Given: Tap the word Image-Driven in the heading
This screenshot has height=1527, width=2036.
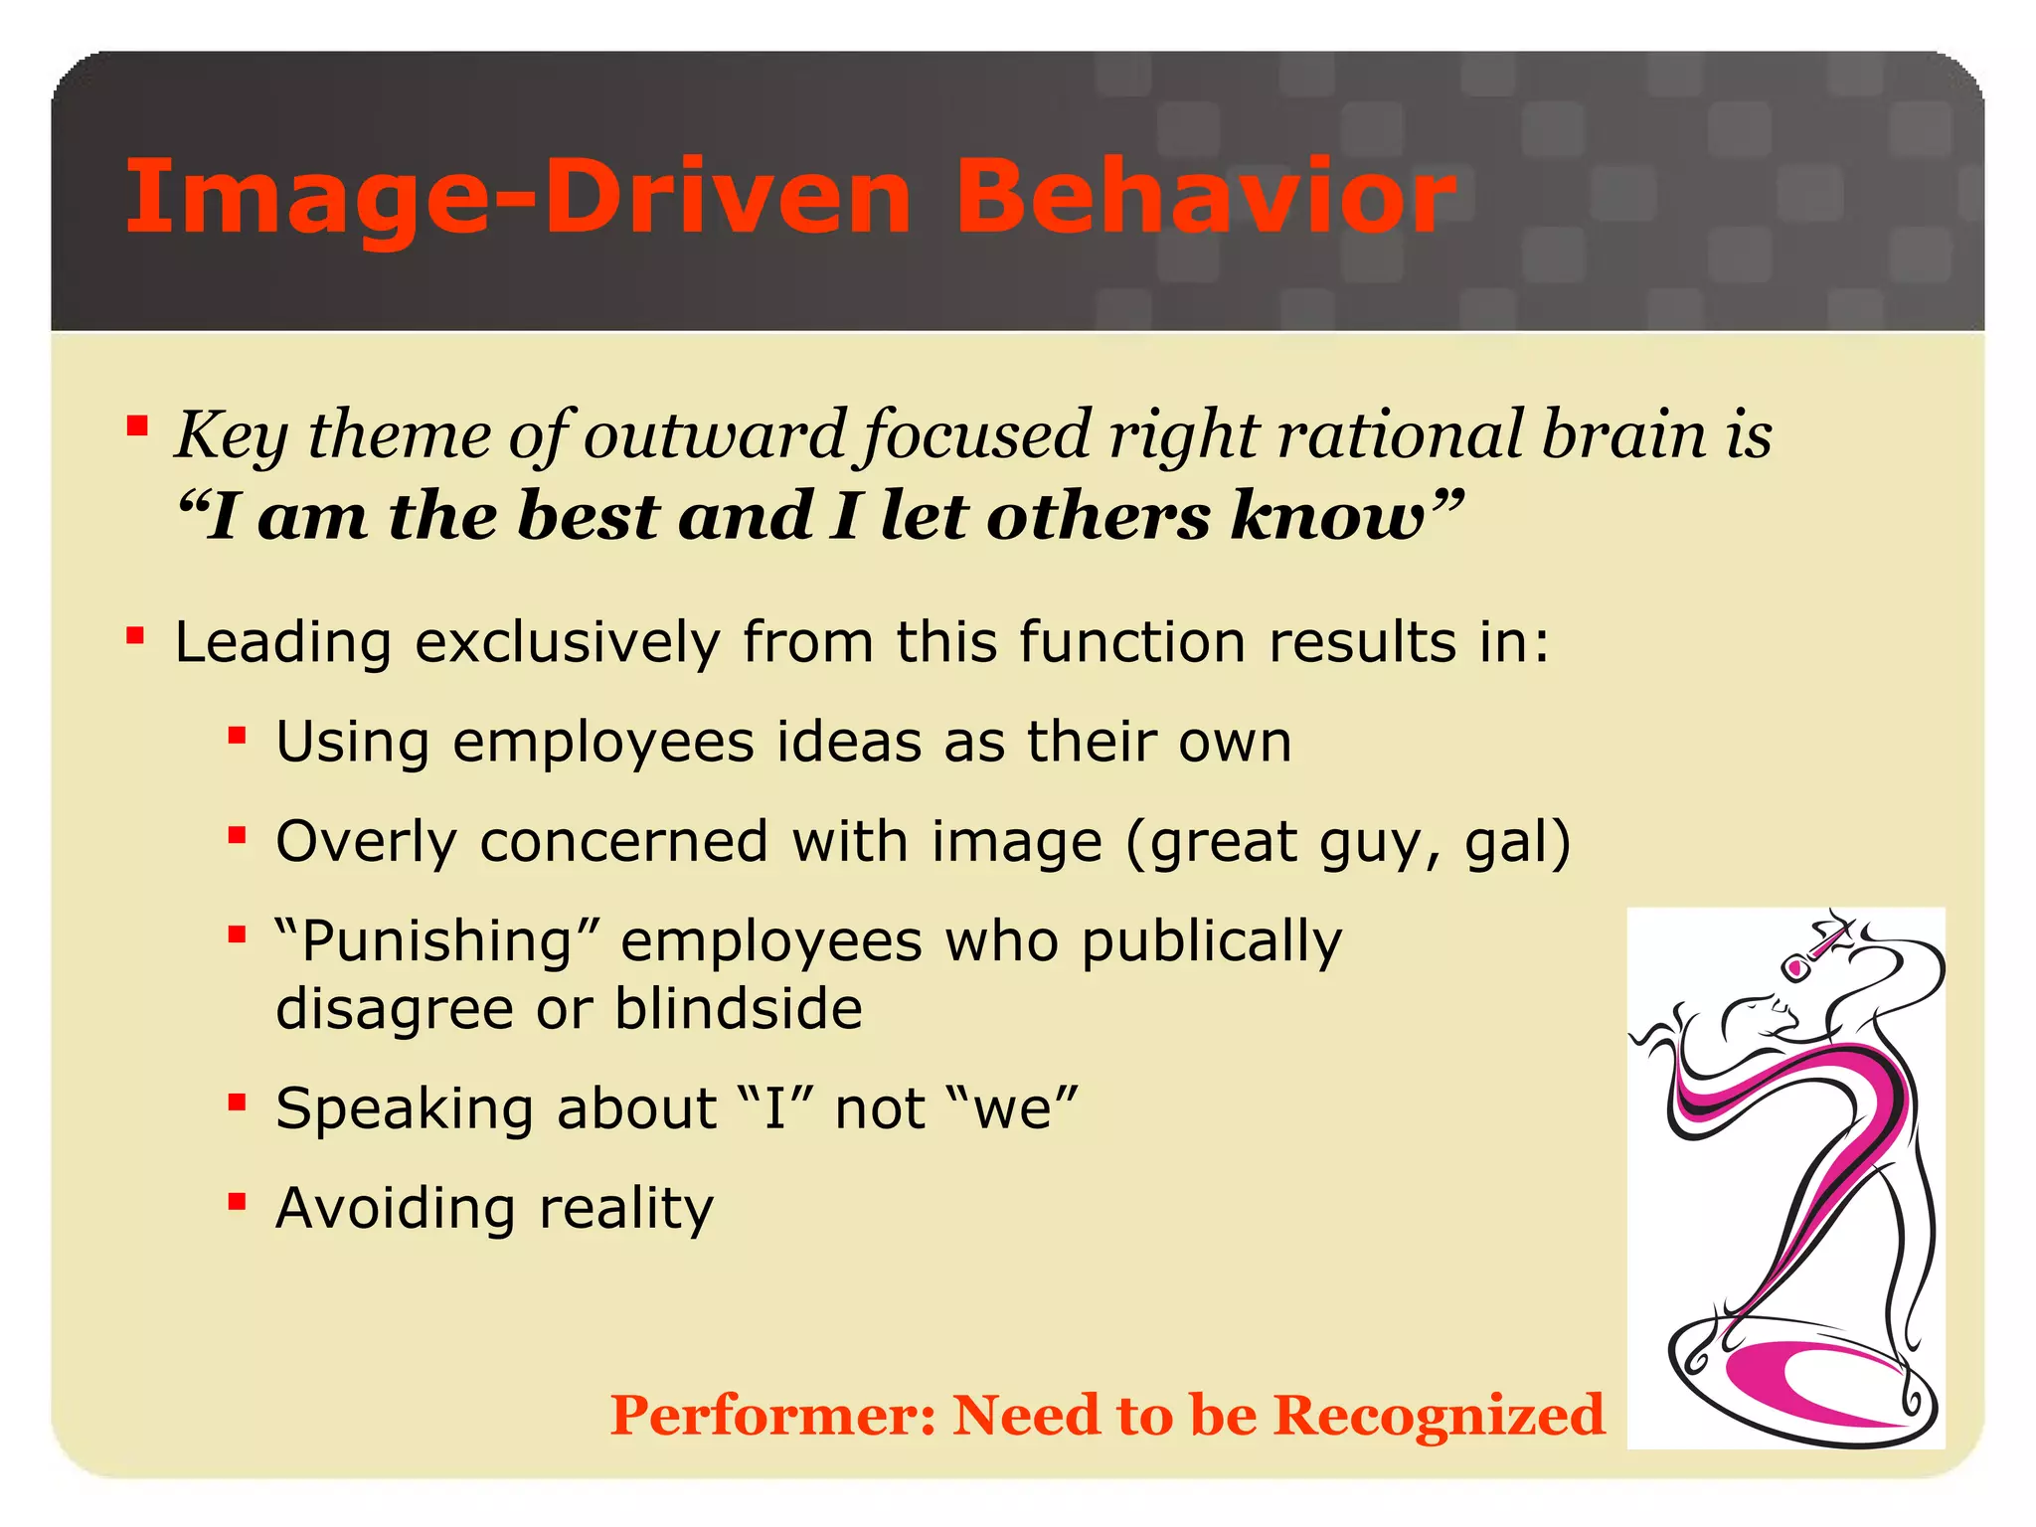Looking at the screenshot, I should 518,199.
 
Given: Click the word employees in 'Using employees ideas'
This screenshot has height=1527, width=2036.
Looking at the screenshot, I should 603,743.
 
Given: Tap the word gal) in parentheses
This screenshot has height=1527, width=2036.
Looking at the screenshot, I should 1518,842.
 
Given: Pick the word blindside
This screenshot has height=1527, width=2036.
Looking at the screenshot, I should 738,1008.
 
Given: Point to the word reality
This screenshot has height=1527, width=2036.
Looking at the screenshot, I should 625,1209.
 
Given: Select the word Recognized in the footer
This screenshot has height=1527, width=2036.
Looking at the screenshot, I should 1439,1415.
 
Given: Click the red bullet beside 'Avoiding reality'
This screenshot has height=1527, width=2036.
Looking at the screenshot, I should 237,1203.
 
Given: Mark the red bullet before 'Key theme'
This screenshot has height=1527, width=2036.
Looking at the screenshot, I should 137,428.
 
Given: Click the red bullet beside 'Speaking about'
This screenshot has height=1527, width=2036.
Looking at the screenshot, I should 237,1103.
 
